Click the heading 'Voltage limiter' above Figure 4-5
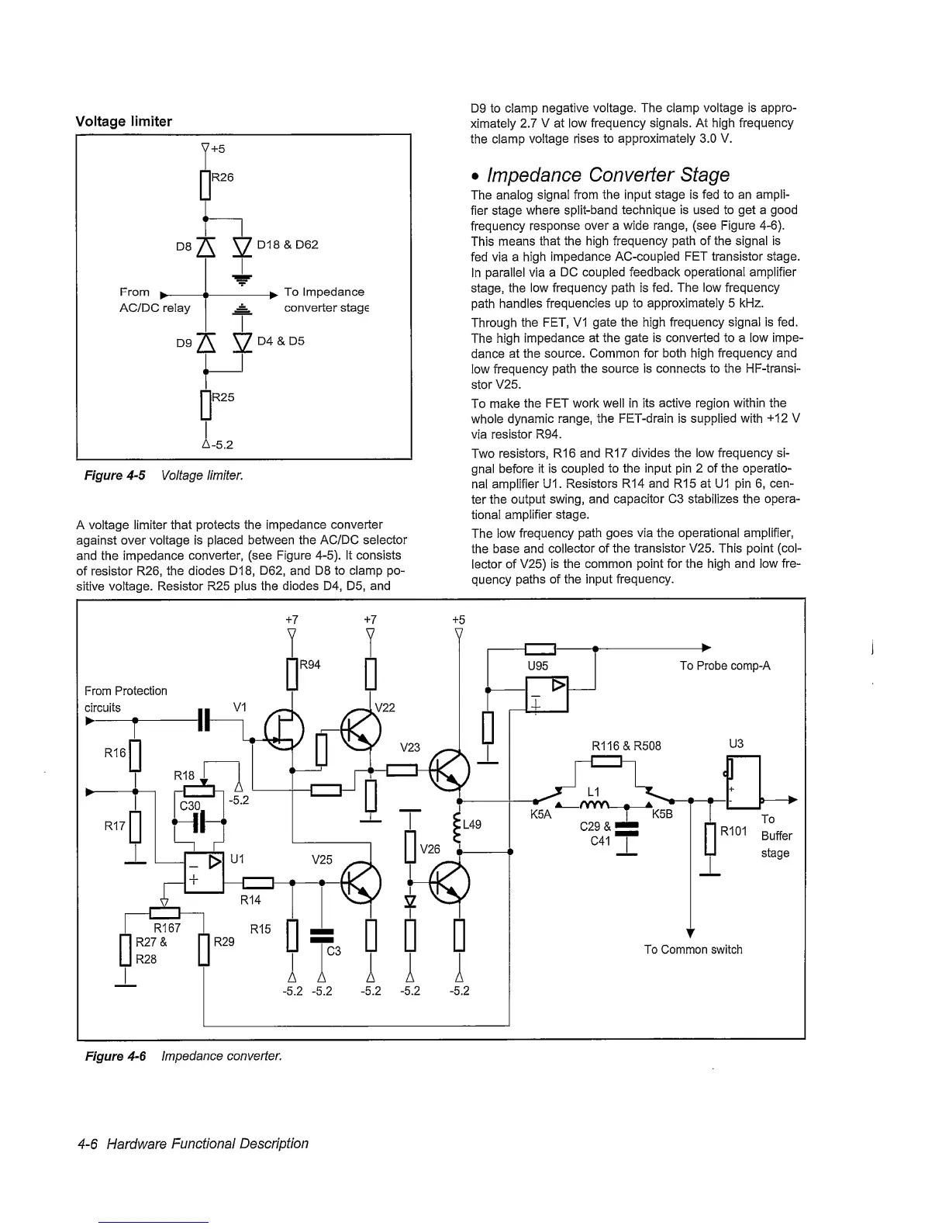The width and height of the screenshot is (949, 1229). [x=123, y=121]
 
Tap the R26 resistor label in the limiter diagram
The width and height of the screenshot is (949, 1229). [x=223, y=177]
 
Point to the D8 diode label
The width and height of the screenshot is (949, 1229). [x=183, y=246]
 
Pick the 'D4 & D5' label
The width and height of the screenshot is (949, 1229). [x=281, y=341]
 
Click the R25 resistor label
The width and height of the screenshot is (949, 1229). [x=223, y=397]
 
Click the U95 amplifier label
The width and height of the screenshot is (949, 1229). [x=537, y=666]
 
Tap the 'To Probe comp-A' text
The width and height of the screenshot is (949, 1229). [x=725, y=666]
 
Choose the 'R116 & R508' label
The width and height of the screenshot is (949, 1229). [x=626, y=746]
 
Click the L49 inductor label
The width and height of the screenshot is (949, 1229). [x=472, y=825]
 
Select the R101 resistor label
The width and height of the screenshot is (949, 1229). [x=733, y=832]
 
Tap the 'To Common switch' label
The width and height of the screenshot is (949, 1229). [x=693, y=950]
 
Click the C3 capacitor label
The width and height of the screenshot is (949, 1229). [x=333, y=951]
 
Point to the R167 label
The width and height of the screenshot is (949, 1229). [x=167, y=927]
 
